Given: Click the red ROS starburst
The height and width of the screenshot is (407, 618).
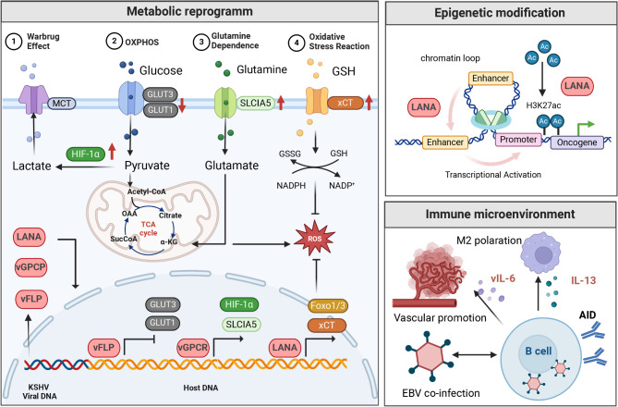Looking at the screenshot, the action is coord(315,238).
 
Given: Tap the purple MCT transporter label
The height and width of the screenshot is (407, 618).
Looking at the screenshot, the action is coord(62,104).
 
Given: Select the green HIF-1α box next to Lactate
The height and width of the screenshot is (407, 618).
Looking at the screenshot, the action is coord(86,154).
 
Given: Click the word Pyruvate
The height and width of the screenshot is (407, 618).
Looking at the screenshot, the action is coord(147,165).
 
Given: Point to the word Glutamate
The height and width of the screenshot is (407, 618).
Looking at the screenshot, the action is coord(232,165).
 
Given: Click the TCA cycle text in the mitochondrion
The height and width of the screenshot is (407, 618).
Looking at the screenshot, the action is coord(148,228).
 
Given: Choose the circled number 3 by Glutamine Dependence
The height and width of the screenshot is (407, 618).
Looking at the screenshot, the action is coord(201,42).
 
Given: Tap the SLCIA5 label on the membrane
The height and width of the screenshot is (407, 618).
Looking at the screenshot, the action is coord(255,103).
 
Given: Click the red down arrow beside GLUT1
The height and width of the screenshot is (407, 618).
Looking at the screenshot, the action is coord(182,105).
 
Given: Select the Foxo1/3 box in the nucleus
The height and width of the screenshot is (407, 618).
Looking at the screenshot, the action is coord(327,305).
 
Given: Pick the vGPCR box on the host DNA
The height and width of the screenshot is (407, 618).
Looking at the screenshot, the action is coord(193,348).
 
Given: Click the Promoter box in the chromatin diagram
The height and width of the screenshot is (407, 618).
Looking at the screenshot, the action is coord(518,140).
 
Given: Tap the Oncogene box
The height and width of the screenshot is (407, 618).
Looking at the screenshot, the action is coord(576,142).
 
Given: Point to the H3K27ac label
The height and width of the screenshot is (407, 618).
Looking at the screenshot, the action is coord(543,105).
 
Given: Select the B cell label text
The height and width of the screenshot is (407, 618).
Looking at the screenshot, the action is coord(539,351).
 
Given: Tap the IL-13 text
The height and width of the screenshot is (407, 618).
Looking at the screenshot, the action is coord(583,280).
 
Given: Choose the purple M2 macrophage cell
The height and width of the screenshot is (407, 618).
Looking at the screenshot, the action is coord(541,253).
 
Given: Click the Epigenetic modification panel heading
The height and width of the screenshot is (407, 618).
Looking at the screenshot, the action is coord(500,13).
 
